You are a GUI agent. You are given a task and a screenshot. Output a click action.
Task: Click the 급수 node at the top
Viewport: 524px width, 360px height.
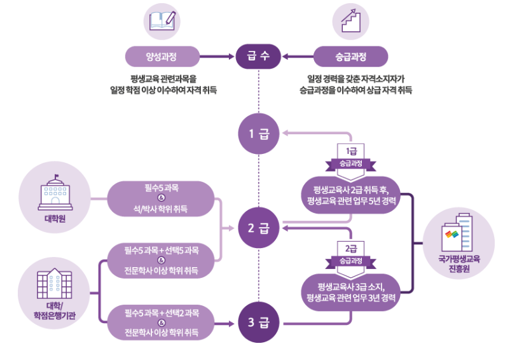(259, 57)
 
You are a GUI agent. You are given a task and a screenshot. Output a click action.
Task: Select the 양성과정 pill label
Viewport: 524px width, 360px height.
(160, 57)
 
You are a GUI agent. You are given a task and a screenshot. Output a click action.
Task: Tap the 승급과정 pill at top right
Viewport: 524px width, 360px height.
(350, 57)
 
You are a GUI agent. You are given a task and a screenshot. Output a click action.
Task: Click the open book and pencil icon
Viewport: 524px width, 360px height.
(160, 21)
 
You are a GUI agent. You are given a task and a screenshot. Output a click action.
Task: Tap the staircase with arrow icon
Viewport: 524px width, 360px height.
(350, 21)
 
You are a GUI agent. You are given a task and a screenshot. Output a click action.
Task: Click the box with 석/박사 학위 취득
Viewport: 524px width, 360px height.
(162, 198)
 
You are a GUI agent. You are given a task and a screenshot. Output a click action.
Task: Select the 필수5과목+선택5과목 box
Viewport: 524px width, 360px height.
(162, 260)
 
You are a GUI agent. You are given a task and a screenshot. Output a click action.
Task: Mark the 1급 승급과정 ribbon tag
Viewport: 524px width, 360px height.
(350, 156)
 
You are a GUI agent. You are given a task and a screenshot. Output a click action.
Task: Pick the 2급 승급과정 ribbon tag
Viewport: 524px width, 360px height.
(350, 254)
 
